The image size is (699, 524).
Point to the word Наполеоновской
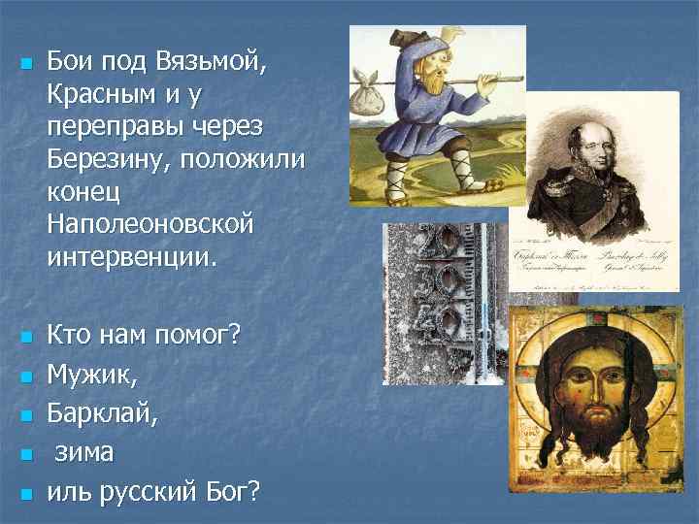coord(149,226)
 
